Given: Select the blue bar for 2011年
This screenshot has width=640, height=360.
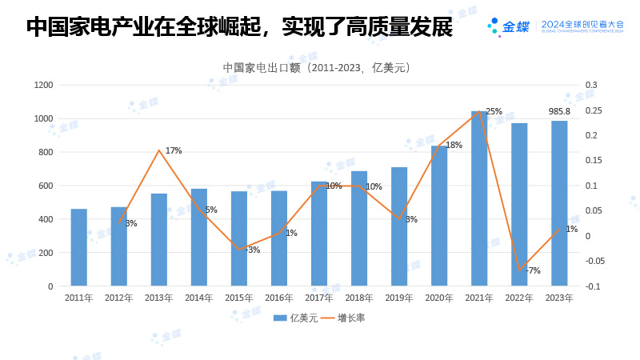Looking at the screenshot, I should click(x=79, y=247).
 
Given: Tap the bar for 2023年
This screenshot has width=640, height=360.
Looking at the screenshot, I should click(x=559, y=203).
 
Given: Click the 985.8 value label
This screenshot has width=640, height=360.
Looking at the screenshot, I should click(x=559, y=111).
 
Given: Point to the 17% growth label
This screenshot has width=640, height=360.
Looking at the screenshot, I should click(x=174, y=150).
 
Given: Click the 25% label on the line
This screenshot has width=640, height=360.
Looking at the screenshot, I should click(x=494, y=111).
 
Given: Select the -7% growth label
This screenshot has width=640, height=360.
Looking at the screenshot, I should click(x=533, y=270).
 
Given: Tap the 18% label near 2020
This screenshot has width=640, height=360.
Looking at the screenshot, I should click(x=454, y=145).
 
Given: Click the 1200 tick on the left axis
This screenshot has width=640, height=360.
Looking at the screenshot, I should click(x=44, y=85).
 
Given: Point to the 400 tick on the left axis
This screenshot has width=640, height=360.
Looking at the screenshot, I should click(x=46, y=219).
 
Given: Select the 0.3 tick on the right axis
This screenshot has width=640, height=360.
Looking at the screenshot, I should click(x=591, y=85).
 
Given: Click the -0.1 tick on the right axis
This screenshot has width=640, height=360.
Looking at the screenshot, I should click(x=591, y=286).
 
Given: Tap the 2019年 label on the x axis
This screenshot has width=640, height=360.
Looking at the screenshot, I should click(x=399, y=298).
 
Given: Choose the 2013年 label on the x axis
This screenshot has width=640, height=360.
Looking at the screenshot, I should click(x=159, y=298).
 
